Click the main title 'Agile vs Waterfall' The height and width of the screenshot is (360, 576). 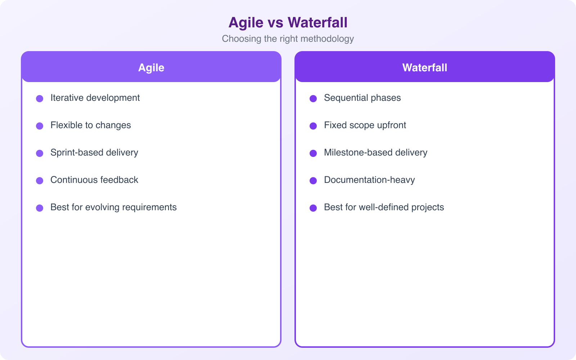(x=288, y=22)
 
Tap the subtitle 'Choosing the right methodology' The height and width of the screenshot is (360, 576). (x=288, y=39)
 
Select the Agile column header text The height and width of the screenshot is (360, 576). (x=151, y=68)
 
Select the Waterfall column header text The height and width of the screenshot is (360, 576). (x=425, y=68)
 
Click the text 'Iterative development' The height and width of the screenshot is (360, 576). (x=95, y=98)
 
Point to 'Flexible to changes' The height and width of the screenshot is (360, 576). (x=91, y=125)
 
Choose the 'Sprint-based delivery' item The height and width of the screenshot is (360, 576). (x=94, y=153)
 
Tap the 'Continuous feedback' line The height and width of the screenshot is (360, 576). (x=94, y=180)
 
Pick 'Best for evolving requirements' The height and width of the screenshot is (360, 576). (x=113, y=207)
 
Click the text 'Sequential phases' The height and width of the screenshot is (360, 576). (x=362, y=98)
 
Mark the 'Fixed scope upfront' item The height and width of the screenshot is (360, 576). (x=365, y=125)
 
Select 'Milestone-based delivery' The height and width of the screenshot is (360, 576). (x=375, y=153)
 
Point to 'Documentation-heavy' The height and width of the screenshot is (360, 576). (x=369, y=180)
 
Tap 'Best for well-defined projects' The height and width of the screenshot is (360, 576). (x=384, y=207)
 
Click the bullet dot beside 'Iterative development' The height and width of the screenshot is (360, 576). (x=40, y=99)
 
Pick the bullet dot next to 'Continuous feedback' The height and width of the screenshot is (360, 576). (x=40, y=181)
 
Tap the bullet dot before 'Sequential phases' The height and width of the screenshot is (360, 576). (x=313, y=99)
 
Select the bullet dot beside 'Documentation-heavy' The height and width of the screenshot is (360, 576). (x=313, y=181)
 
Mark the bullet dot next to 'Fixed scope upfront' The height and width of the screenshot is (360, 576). (x=313, y=126)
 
